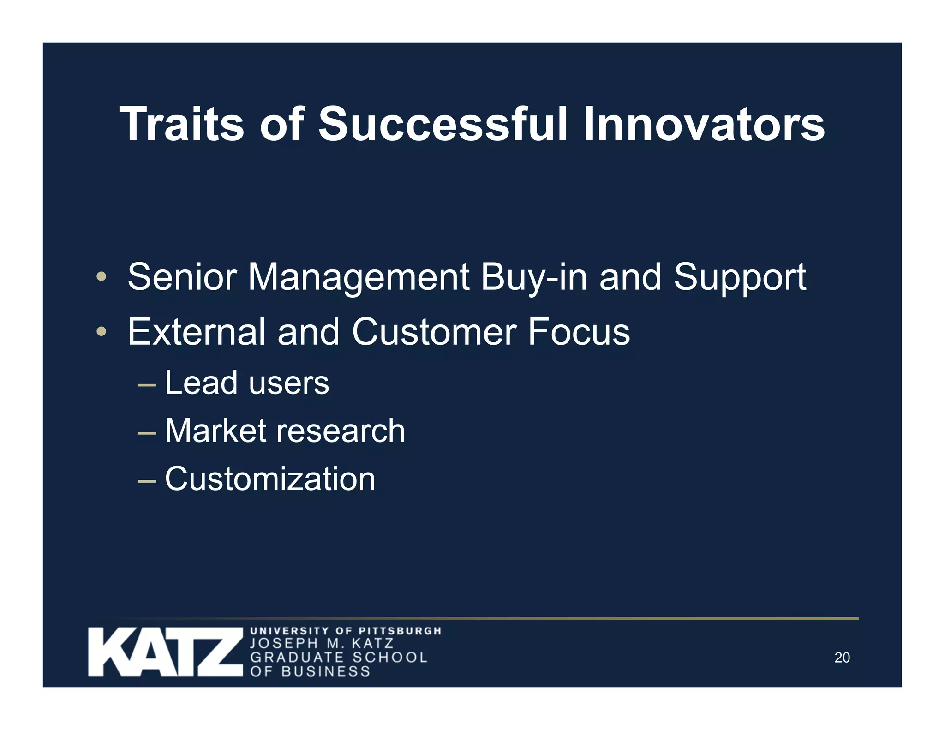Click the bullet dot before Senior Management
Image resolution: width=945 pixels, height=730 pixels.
[102, 277]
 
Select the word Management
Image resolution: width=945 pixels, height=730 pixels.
[359, 278]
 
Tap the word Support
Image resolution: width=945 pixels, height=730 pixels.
[740, 278]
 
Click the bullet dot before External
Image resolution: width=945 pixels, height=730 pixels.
[102, 332]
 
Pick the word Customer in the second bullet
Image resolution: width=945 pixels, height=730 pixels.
[434, 332]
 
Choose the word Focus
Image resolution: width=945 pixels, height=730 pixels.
[579, 332]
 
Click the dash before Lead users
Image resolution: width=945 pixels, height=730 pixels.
[147, 384]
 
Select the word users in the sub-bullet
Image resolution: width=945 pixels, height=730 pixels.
[289, 383]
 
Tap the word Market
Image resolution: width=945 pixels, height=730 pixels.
[215, 431]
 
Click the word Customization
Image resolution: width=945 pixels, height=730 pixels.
[270, 479]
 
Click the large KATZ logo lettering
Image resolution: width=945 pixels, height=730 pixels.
[165, 652]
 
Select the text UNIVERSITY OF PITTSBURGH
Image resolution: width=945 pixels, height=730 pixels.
[346, 630]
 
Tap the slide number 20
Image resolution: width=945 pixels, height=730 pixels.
[842, 658]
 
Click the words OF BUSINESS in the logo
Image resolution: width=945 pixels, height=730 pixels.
[310, 671]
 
